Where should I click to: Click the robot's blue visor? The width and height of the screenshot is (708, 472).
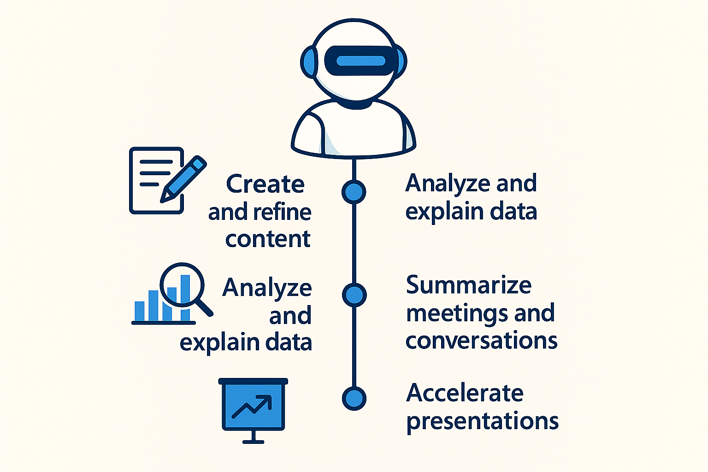(x=361, y=61)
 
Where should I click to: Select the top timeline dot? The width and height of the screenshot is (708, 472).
(x=354, y=192)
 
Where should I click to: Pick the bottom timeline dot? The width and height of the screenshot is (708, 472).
(x=354, y=398)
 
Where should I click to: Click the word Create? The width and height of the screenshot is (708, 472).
(x=265, y=184)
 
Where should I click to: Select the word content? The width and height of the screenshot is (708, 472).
(x=268, y=239)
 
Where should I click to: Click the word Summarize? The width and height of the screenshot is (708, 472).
(x=469, y=285)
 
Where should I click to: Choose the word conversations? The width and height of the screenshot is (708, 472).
(x=481, y=341)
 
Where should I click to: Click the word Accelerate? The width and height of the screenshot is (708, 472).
(x=465, y=393)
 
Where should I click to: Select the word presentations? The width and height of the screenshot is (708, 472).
(x=482, y=421)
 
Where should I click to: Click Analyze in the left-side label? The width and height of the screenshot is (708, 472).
(x=267, y=288)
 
